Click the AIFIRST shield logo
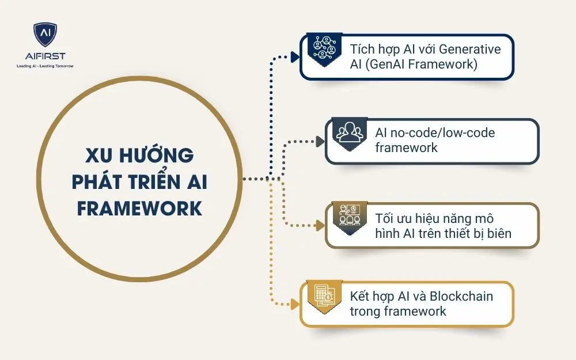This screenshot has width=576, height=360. point(44,35)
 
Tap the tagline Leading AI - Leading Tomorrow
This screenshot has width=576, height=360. point(45,66)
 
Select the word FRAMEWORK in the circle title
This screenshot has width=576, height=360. point(139,208)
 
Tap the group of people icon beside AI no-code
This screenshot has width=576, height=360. point(350,134)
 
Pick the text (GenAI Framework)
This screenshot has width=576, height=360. point(423,64)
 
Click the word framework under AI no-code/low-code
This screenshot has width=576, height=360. point(407,147)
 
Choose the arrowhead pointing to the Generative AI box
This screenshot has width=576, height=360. point(295,56)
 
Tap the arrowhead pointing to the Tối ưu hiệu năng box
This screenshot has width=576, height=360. point(321,225)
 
